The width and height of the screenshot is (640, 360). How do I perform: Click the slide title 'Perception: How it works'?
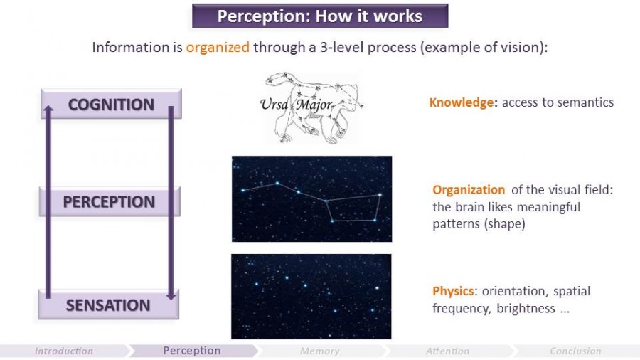319,16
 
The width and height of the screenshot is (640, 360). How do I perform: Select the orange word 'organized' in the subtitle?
218,48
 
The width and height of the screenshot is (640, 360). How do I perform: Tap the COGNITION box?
111,105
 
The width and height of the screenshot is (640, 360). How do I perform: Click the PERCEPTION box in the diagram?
109,202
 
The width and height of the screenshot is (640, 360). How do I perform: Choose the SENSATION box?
108,305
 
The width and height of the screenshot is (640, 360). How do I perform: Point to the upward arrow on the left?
48,199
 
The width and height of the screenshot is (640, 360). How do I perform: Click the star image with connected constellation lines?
311,198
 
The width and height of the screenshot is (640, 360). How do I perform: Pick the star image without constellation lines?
311,296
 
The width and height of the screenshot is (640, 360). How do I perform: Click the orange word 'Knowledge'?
462,102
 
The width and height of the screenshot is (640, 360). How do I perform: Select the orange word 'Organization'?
469,190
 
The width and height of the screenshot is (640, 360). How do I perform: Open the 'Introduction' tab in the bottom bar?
64,351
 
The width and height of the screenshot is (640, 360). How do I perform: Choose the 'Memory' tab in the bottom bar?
319,351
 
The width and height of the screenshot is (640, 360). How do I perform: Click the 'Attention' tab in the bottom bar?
447,351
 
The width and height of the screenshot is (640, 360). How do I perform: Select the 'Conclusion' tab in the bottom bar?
575,351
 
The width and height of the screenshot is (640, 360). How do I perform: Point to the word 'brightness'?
526,309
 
